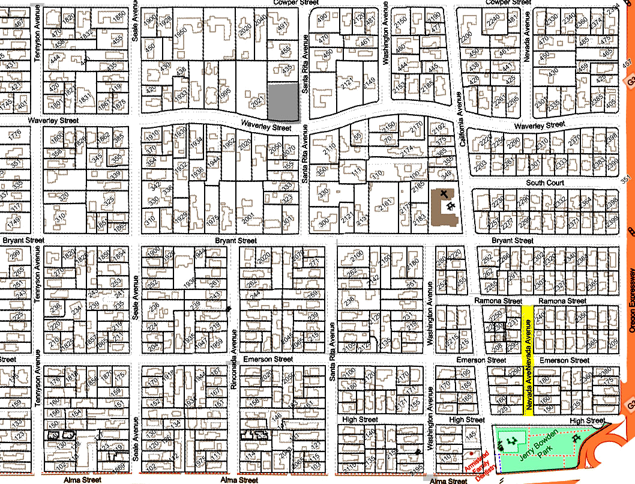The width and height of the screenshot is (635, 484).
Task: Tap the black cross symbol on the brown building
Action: coord(444,193)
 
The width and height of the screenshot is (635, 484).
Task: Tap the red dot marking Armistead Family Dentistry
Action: coord(472,453)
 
